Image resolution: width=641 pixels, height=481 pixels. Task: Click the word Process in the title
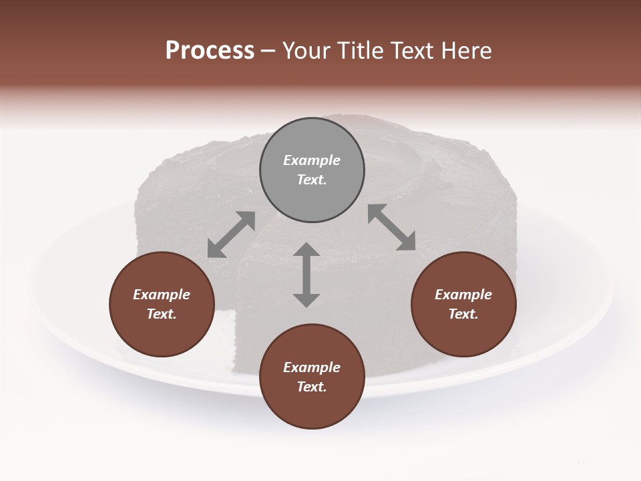click(x=210, y=51)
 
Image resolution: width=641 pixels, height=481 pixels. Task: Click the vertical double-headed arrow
click(x=306, y=275)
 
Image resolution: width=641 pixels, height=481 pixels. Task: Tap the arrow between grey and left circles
click(x=231, y=234)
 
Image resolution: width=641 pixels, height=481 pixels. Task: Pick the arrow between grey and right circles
click(x=391, y=227)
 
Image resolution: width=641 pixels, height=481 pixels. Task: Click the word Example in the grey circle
click(x=312, y=160)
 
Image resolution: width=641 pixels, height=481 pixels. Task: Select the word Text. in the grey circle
click(x=312, y=180)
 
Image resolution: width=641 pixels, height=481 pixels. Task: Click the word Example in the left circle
click(x=162, y=295)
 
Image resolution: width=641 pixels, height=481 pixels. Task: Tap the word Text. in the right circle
click(x=463, y=314)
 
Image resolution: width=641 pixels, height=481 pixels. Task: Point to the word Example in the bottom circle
click(x=312, y=367)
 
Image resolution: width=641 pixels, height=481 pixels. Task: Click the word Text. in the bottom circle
click(x=312, y=387)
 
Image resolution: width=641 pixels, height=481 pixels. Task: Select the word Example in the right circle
click(x=463, y=295)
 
